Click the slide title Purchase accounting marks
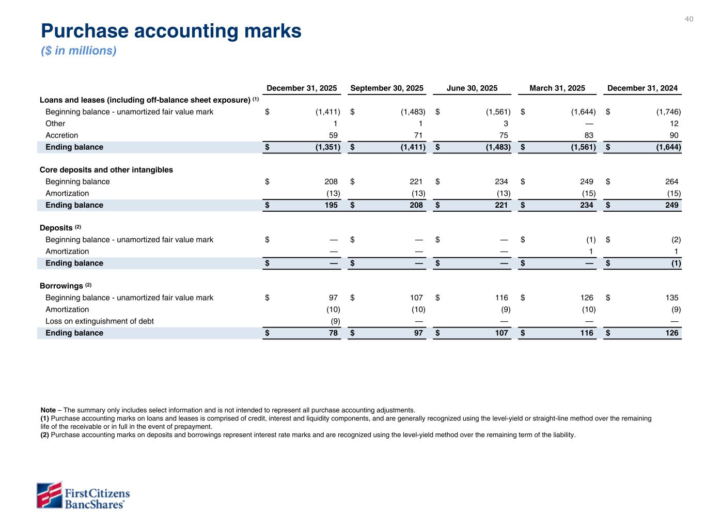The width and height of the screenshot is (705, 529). pyautogui.click(x=171, y=32)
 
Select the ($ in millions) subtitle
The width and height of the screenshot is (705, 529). pyautogui.click(x=79, y=51)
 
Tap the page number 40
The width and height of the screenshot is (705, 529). pyautogui.click(x=689, y=19)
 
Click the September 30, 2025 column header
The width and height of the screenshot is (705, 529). pyautogui.click(x=387, y=88)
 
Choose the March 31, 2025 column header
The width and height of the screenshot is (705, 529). pyautogui.click(x=557, y=88)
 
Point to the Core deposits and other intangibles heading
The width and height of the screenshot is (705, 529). pyautogui.click(x=106, y=170)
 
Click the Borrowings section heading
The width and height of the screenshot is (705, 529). pyautogui.click(x=61, y=286)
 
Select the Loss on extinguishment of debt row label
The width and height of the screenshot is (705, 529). pyautogui.click(x=100, y=321)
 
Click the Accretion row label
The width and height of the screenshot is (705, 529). pyautogui.click(x=62, y=135)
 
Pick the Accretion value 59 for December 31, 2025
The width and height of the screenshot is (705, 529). pyautogui.click(x=333, y=135)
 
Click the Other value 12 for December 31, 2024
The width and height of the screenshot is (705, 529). pyautogui.click(x=673, y=123)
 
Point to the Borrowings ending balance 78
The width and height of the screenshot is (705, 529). pyautogui.click(x=333, y=333)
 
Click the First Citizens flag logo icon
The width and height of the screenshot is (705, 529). pyautogui.click(x=49, y=495)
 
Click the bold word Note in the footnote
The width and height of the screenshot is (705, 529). pyautogui.click(x=48, y=410)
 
